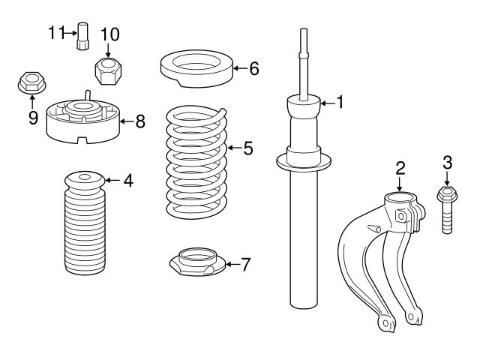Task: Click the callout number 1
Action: tap(340, 102)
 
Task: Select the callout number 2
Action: tap(400, 166)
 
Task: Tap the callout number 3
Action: tap(447, 162)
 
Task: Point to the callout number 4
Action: tap(128, 180)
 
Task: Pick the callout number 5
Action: tap(247, 148)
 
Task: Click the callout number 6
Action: tap(253, 69)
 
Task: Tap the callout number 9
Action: tap(33, 118)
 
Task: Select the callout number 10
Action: tap(109, 34)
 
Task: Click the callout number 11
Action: tap(57, 31)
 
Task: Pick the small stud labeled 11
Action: tap(84, 36)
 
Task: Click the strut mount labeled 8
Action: tap(84, 122)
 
